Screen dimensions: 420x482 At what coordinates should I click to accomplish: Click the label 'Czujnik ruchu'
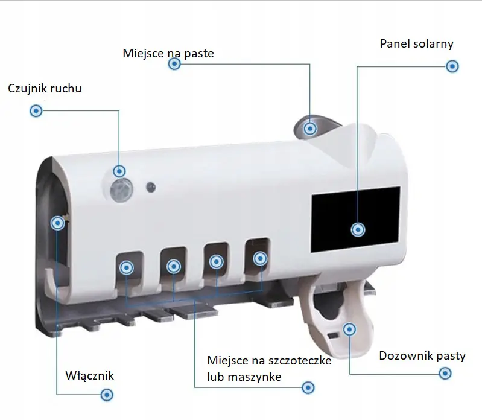45,89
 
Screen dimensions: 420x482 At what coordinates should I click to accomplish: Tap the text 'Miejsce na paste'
168,54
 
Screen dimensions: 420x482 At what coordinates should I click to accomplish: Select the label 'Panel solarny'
416,44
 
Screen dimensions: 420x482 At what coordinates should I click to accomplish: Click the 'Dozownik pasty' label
422,355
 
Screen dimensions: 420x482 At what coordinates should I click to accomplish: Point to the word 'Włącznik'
89,376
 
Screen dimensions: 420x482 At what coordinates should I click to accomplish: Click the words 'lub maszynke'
244,377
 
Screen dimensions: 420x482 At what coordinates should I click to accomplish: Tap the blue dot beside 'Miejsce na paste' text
174,65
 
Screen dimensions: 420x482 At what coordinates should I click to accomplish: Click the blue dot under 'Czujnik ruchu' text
36,111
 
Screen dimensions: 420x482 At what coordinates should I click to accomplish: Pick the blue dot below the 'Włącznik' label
107,395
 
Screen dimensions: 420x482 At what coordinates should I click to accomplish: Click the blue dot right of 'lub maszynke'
308,387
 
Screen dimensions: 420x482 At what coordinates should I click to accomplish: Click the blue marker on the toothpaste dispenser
349,329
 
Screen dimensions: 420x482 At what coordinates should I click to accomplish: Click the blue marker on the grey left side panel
58,223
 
